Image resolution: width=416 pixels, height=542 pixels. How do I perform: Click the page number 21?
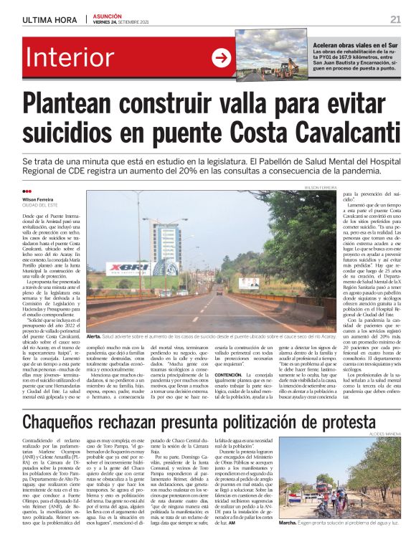pos(395,19)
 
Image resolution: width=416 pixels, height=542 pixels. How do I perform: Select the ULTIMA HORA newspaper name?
pos(49,19)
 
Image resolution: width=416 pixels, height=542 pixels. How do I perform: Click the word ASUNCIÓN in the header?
pos(108,15)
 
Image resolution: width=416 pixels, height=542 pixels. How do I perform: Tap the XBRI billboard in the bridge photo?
pos(129,269)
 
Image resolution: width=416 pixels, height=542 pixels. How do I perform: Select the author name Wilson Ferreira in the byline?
pos(38,199)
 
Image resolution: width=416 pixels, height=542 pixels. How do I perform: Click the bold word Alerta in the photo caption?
pos(93,336)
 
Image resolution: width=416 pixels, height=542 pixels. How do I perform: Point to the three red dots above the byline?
pos(27,191)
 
